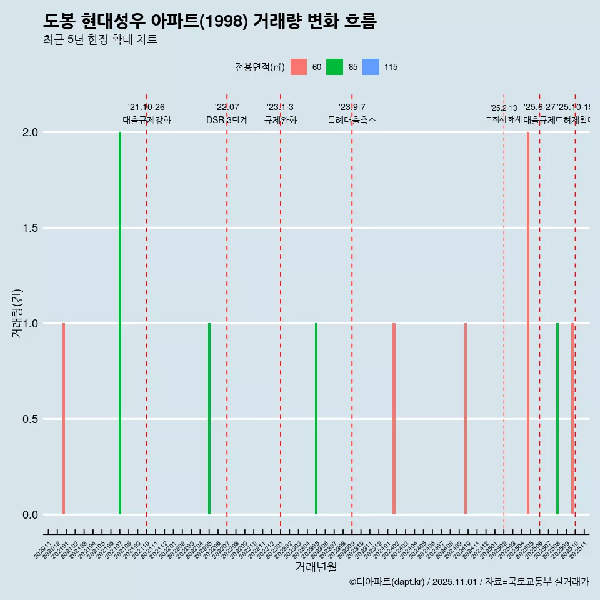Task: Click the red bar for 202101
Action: coord(64,419)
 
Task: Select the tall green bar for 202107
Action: coord(120,323)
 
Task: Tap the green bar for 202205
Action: coord(209,419)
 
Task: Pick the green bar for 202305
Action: coord(316,419)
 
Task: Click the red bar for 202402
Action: coord(394,419)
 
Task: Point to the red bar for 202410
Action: coord(466,419)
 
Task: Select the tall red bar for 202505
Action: coord(528,323)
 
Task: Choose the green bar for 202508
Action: coord(557,419)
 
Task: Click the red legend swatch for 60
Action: coord(299,67)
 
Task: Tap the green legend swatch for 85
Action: coord(335,67)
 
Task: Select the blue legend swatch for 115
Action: coord(371,67)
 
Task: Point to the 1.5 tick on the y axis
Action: coord(30,228)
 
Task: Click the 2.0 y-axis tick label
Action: coord(30,132)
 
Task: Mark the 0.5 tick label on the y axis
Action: coord(30,419)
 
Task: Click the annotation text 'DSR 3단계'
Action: coord(227,120)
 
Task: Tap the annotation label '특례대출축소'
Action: coord(352,120)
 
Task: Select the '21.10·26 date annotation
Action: coord(146,107)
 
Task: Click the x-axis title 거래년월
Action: coord(316,567)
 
